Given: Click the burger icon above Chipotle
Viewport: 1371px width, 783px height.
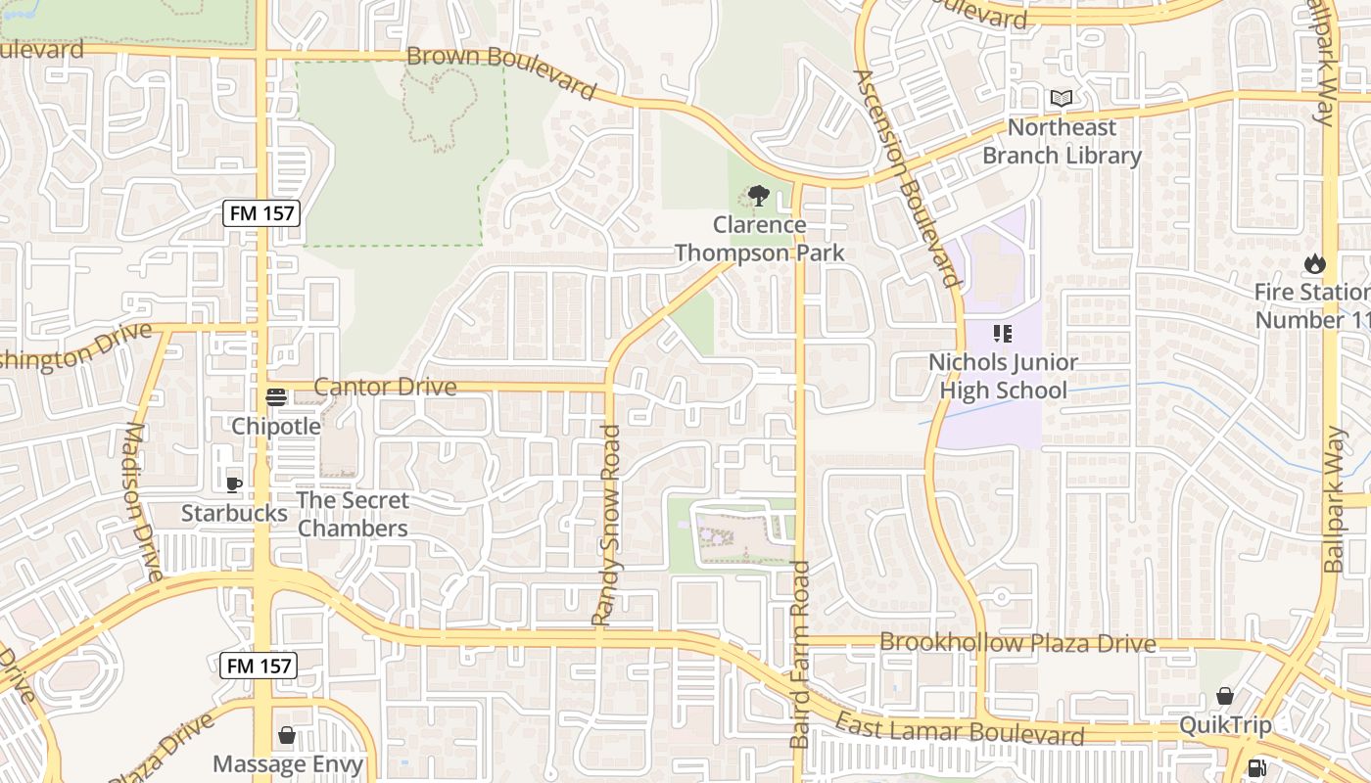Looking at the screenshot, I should (276, 396).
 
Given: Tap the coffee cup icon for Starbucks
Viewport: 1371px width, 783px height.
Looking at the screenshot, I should (234, 484).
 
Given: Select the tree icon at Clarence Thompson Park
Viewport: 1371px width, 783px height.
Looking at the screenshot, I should (758, 197).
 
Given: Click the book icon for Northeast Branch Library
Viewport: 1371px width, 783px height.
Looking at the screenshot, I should (1062, 98).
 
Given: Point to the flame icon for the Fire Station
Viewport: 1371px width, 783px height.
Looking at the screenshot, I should (1313, 263).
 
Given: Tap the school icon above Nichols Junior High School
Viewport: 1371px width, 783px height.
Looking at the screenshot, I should (1002, 334).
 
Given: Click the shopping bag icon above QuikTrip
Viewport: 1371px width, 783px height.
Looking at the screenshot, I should (1224, 696).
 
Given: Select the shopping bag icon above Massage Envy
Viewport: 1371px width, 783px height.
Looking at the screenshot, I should (287, 735).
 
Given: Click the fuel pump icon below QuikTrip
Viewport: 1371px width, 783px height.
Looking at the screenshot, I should (1257, 768).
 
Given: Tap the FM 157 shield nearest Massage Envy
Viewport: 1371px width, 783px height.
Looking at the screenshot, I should (259, 666).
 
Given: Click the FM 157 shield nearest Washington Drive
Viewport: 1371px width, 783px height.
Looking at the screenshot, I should (260, 212).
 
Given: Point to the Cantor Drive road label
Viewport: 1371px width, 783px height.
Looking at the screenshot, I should (385, 387).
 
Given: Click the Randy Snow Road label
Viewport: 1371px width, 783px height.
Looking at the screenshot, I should (607, 525).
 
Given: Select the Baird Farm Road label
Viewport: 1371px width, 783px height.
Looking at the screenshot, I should (800, 654).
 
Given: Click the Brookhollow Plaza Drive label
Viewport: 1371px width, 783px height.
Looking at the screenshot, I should (1017, 643).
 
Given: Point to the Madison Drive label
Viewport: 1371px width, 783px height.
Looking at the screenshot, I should (143, 501).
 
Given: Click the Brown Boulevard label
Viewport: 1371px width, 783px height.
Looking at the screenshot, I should (500, 69).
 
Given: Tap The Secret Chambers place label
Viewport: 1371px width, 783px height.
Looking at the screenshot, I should (353, 514).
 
